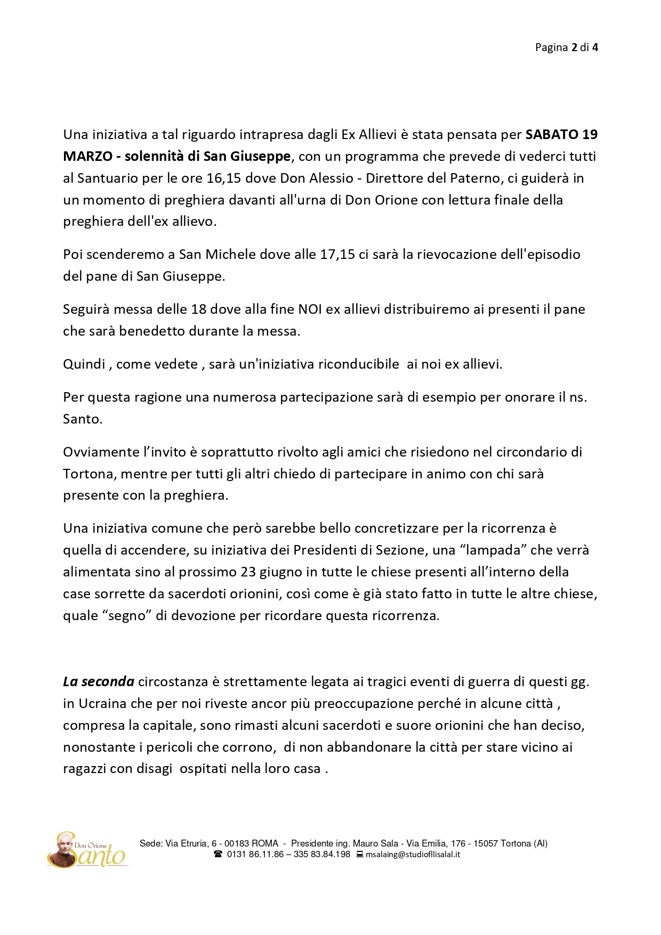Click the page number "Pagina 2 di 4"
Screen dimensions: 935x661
[x=566, y=47]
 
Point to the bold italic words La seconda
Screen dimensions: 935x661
[x=99, y=681]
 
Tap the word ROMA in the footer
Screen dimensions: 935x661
[x=265, y=843]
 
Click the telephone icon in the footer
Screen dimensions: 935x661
[x=217, y=854]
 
